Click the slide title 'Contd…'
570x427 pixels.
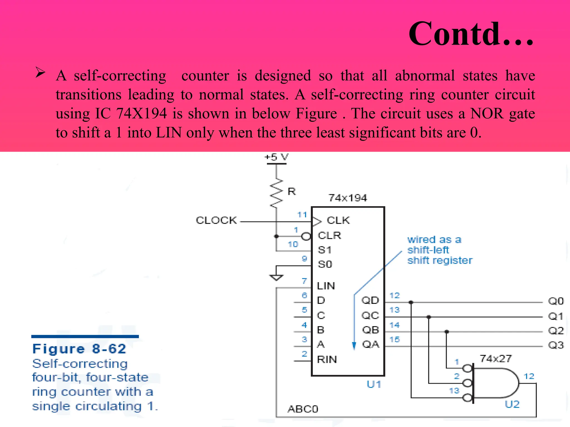[x=471, y=34]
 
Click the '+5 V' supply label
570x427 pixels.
[x=276, y=157]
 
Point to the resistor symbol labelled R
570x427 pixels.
[x=276, y=193]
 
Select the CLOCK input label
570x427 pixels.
[x=216, y=220]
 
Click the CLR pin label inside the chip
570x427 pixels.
[x=329, y=235]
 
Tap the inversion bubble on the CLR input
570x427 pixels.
[x=306, y=237]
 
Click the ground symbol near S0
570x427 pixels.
[x=276, y=277]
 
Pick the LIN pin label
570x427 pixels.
[x=326, y=286]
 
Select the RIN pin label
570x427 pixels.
[x=327, y=359]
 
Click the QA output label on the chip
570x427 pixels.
[x=370, y=344]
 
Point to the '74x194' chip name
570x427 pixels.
[x=348, y=198]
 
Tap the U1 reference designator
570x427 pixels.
[x=374, y=384]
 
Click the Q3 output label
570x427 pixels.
[x=556, y=345]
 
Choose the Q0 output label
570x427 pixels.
[x=556, y=301]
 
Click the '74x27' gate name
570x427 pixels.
[x=496, y=359]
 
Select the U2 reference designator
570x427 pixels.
[x=512, y=404]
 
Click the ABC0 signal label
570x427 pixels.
[x=303, y=409]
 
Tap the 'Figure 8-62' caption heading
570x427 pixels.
[x=79, y=349]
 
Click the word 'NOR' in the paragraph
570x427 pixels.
[x=487, y=113]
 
